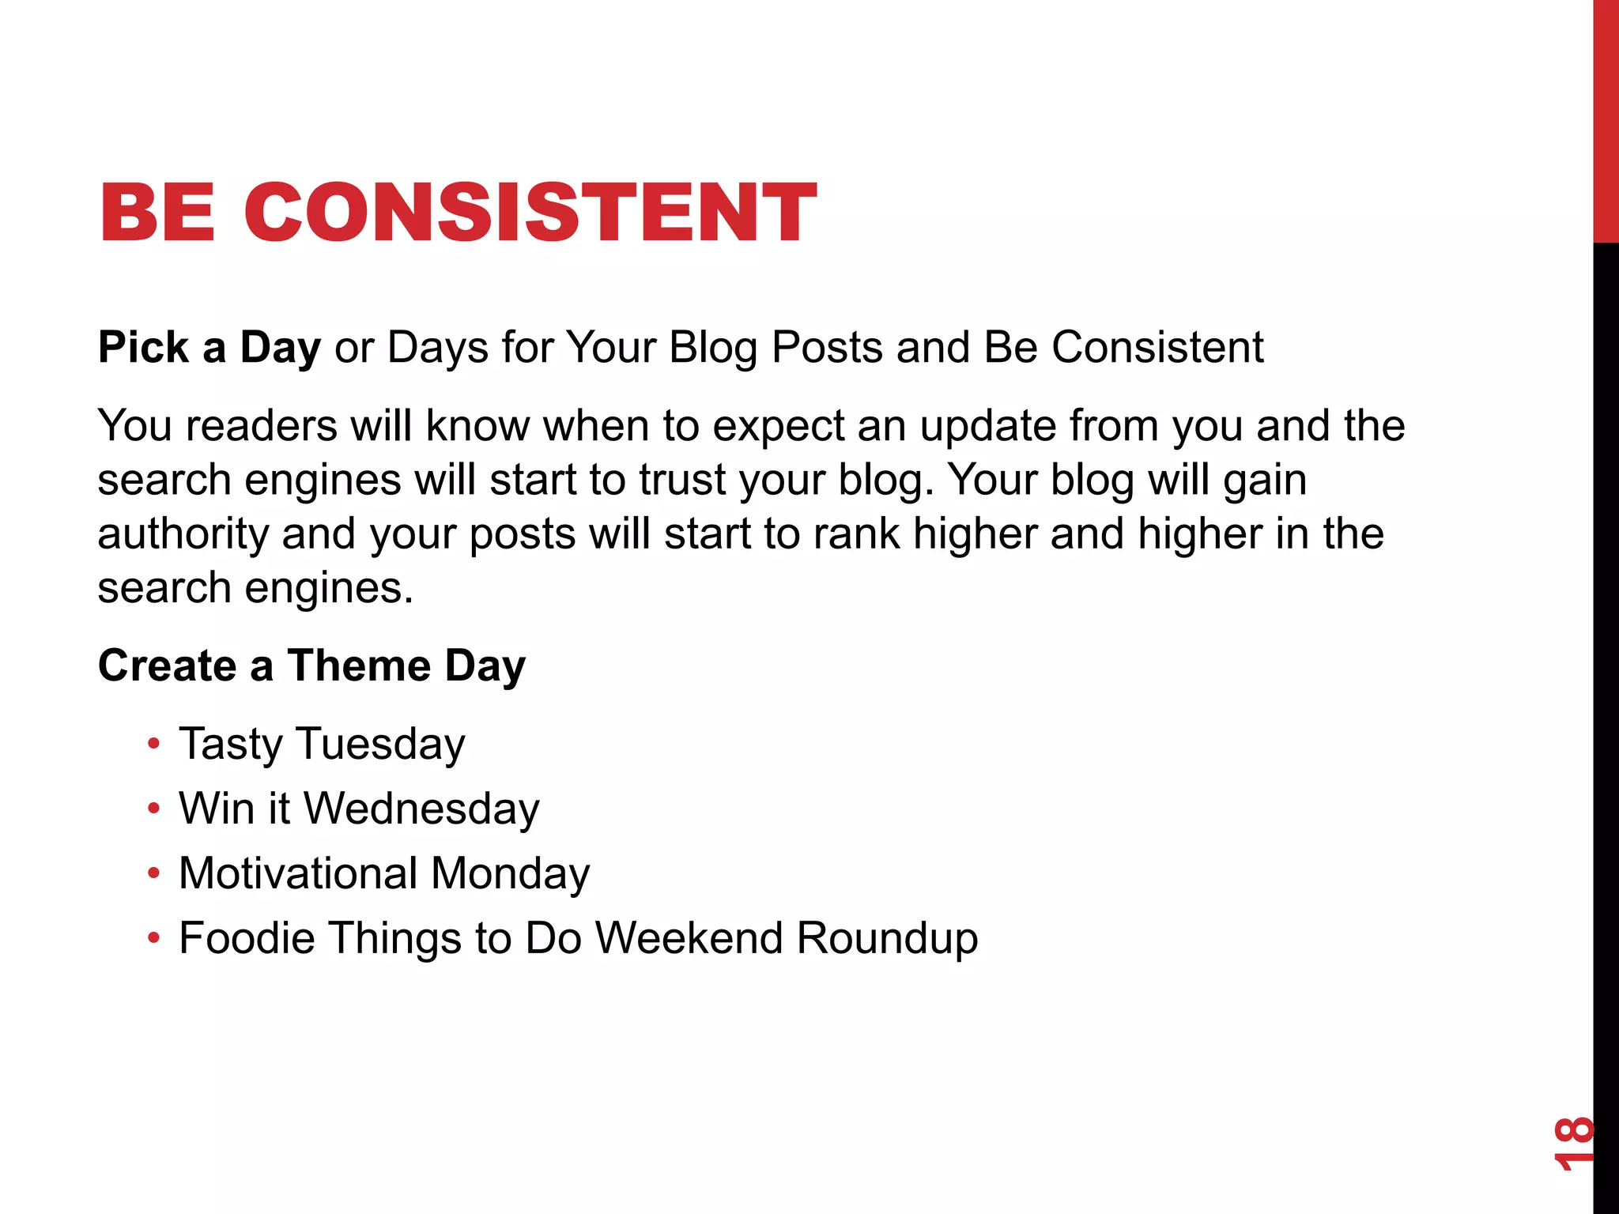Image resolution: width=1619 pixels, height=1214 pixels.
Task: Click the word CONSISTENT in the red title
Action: click(x=530, y=212)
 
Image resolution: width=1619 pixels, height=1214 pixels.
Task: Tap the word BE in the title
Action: click(x=157, y=212)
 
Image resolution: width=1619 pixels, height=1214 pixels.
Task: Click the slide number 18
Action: click(x=1573, y=1143)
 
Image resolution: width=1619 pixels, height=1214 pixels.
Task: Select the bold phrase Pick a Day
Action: click(x=209, y=348)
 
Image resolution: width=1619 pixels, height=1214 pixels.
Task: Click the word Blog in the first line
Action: click(x=713, y=348)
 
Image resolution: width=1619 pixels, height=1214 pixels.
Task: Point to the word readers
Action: click(x=262, y=426)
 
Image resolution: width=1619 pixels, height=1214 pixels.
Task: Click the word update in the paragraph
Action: click(x=987, y=428)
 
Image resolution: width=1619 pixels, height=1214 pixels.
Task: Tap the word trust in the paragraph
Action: click(x=682, y=480)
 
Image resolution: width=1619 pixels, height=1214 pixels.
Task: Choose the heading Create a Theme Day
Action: click(x=311, y=665)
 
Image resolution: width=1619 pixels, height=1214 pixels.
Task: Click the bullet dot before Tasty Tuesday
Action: click(x=154, y=744)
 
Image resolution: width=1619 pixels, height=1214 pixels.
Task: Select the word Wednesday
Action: click(x=421, y=809)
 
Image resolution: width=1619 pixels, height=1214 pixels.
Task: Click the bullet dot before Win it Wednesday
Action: click(x=154, y=809)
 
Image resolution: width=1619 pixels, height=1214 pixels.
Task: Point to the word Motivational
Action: click(x=298, y=873)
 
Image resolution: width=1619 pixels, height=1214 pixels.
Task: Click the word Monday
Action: click(x=510, y=875)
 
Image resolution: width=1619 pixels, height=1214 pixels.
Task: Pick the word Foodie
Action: click(x=247, y=938)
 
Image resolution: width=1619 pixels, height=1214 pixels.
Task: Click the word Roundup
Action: click(x=887, y=940)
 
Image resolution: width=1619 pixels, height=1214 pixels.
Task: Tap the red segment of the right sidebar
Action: click(x=1606, y=119)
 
